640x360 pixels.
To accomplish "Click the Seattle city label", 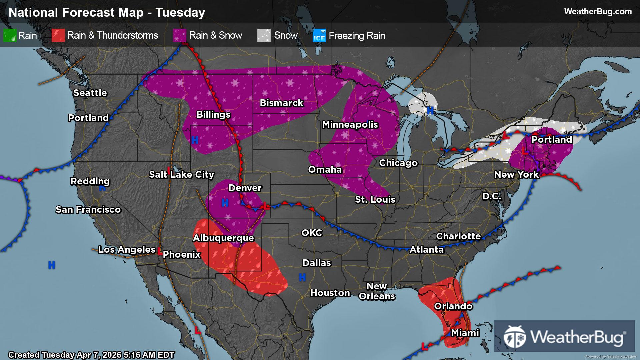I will coord(90,93).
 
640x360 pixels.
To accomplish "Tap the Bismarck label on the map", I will coord(281,103).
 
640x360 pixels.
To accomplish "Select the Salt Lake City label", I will coord(181,174).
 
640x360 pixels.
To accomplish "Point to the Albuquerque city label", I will coord(223,238).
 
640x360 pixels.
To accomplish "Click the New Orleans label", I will coord(377,291).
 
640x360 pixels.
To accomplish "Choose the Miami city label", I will coord(465,333).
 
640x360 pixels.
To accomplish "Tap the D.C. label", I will coord(492,196).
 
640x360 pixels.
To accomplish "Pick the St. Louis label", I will coord(375,199).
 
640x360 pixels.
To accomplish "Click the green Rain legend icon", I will coord(10,35).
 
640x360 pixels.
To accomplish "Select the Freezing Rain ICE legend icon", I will coord(319,35).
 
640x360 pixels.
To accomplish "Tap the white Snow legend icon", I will coord(264,35).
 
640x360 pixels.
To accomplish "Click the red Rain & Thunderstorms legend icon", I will coord(58,35).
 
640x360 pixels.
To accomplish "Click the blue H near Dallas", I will coord(302,277).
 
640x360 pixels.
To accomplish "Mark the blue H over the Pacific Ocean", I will coord(51,265).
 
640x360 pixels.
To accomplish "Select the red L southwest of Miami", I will coord(424,347).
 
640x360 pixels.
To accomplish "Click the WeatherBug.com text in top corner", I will coord(598,11).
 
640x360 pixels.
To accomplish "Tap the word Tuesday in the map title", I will coord(180,12).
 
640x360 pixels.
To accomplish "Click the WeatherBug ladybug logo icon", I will coord(514,337).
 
